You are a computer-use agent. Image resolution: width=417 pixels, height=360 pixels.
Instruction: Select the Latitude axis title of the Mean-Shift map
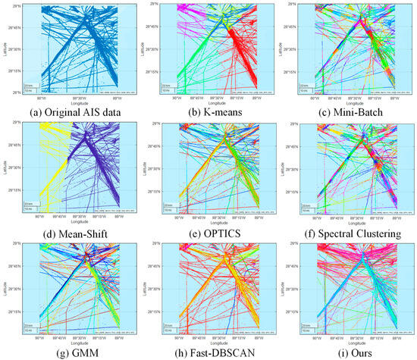coord(4,167)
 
